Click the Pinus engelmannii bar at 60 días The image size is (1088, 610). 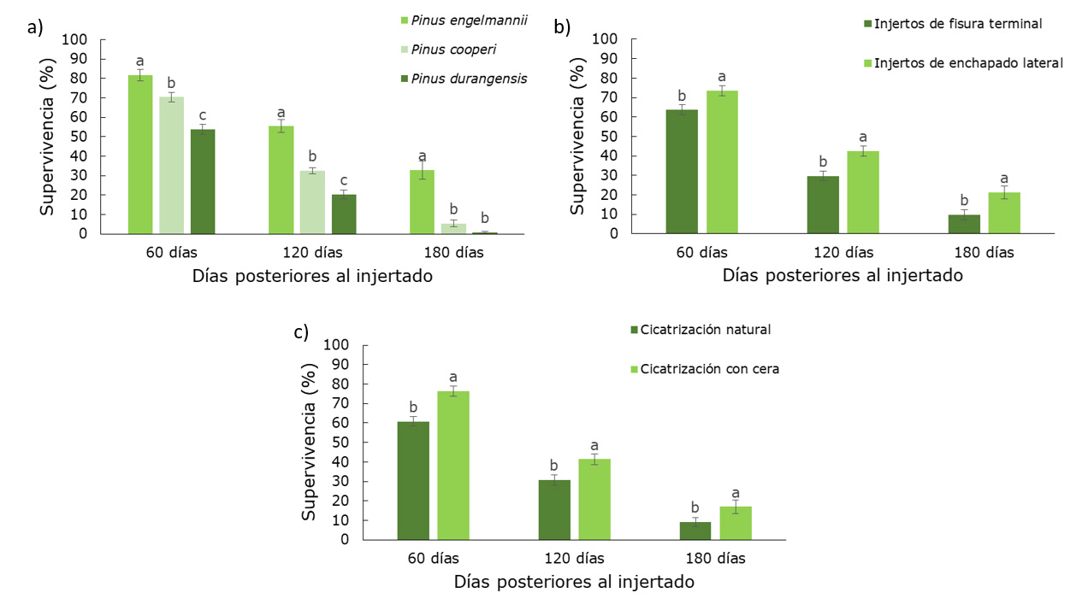[x=140, y=154]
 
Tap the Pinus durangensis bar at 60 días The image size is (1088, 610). [x=203, y=181]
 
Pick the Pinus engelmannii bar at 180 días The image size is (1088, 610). [x=422, y=202]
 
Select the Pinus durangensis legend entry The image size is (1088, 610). [x=469, y=79]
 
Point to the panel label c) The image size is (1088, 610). [x=301, y=332]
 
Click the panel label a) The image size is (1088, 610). [x=35, y=26]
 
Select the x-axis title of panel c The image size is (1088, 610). [x=574, y=582]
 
